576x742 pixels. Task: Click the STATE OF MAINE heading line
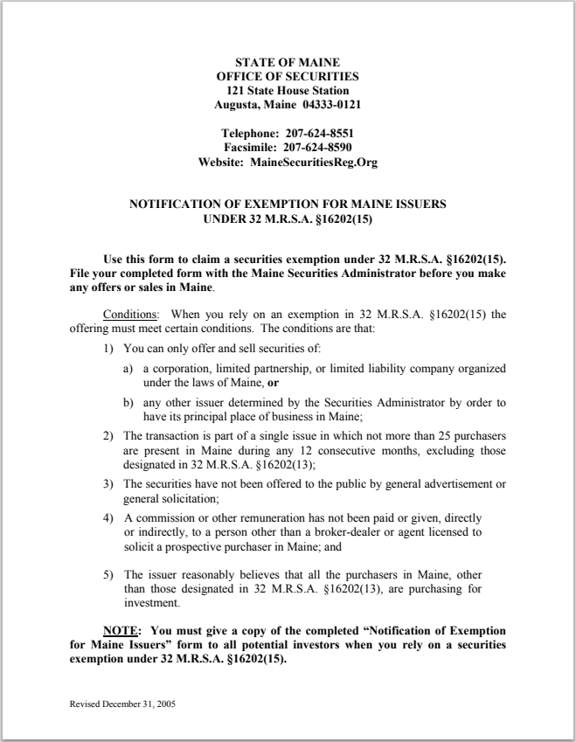[x=288, y=63]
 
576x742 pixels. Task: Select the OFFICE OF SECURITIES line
[x=288, y=77]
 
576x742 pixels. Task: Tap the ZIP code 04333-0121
[x=331, y=105]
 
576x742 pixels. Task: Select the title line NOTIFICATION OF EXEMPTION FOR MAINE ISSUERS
[x=288, y=205]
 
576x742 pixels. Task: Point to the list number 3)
[x=108, y=484]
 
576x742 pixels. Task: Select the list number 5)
[x=108, y=575]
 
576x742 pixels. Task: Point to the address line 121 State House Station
[x=288, y=91]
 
